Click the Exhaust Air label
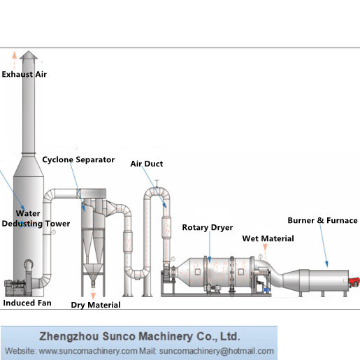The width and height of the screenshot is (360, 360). tap(24, 74)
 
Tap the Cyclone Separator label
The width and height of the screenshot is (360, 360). tap(78, 160)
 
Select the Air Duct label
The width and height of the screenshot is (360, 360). tap(147, 164)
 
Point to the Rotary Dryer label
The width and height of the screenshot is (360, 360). tap(208, 227)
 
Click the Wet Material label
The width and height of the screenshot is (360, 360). tap(268, 238)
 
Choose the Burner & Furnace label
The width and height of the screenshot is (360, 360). tap(322, 220)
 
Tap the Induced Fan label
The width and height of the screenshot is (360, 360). tap(27, 303)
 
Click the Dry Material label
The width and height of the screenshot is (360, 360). tap(96, 305)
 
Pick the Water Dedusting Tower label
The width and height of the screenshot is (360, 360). tap(36, 219)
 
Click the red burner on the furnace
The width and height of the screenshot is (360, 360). tap(354, 282)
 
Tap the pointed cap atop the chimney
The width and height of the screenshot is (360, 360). tap(29, 55)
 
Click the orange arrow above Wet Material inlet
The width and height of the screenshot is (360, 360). tap(265, 247)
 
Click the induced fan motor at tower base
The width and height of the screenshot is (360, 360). tap(15, 288)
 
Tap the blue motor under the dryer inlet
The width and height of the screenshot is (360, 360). tap(266, 290)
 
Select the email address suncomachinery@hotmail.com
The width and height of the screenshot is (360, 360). tap(217, 351)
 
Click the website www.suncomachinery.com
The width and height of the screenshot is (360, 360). tap(88, 351)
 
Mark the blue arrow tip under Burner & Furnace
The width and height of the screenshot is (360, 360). tap(327, 267)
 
